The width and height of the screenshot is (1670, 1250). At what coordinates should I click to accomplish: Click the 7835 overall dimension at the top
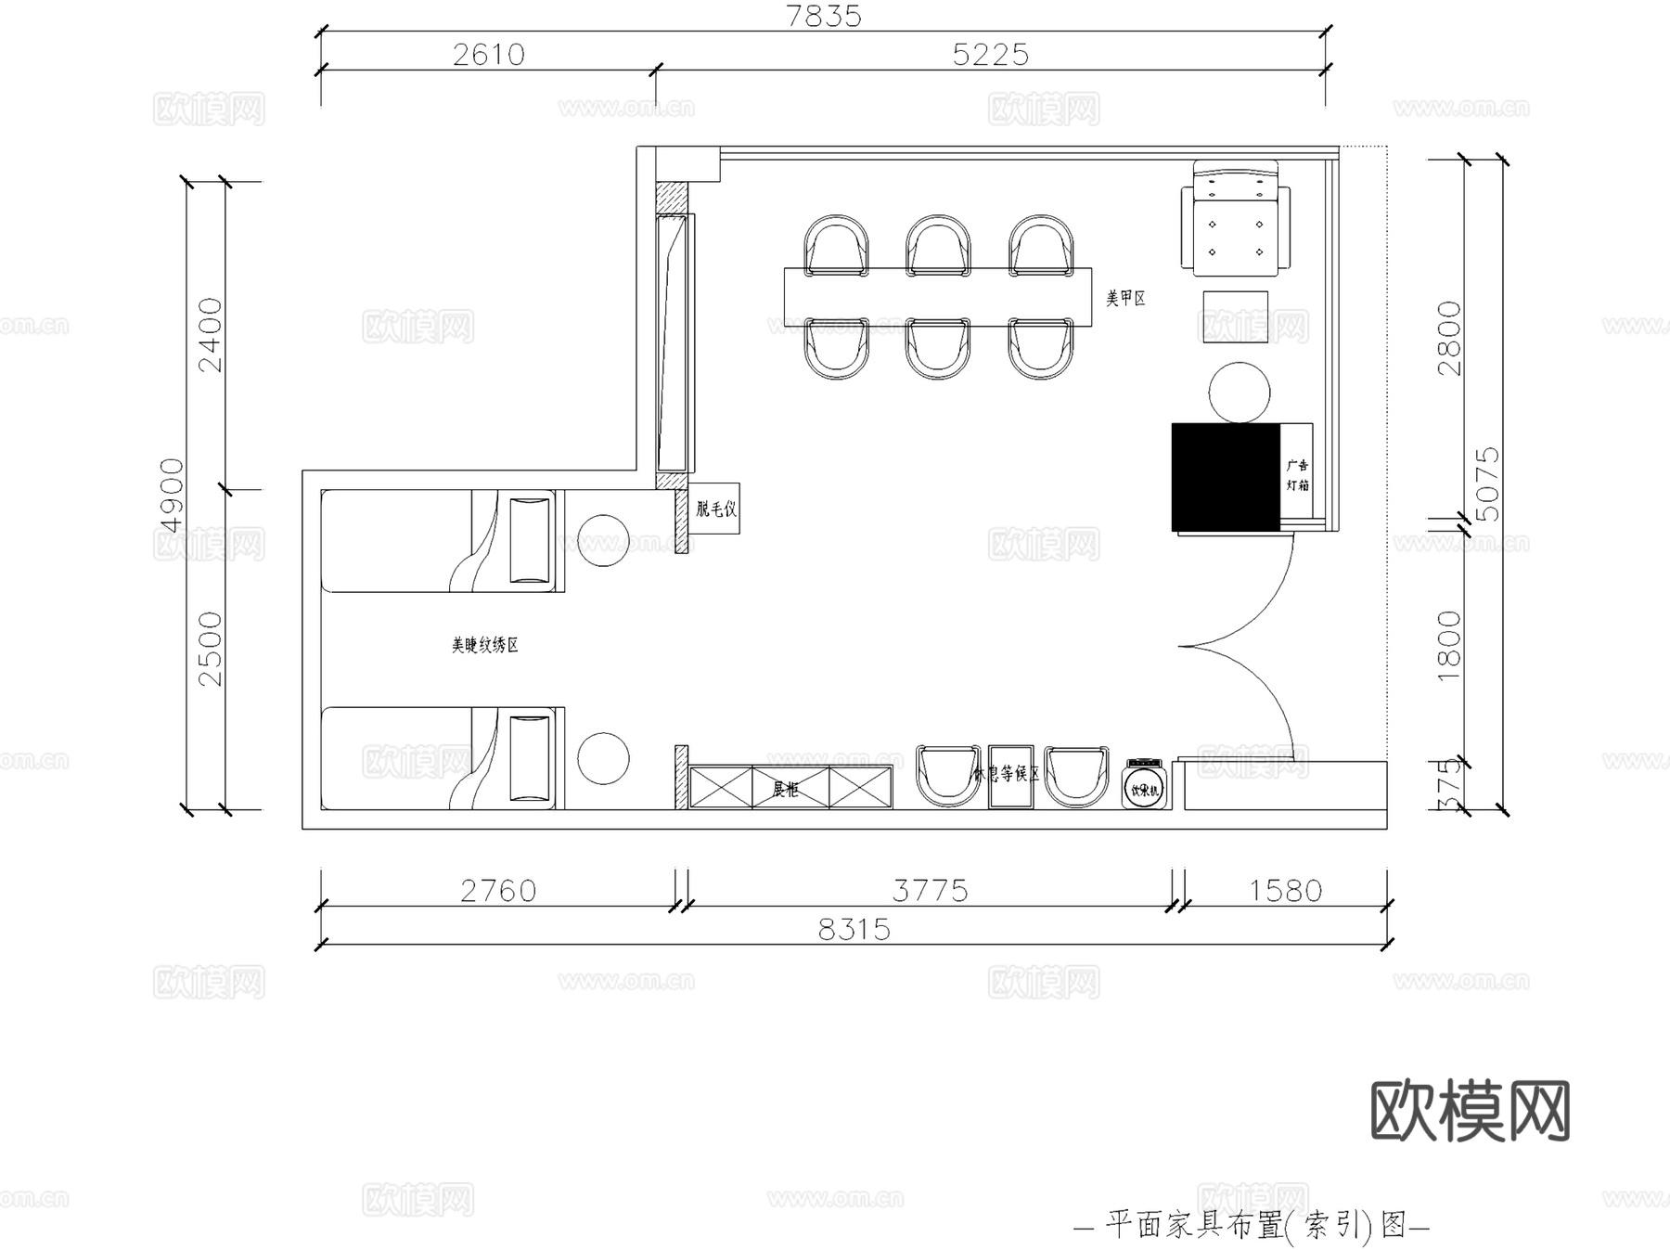click(x=824, y=16)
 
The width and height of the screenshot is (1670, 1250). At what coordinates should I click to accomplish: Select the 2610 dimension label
click(x=489, y=55)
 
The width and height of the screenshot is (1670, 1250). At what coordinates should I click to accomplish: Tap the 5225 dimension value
click(x=991, y=55)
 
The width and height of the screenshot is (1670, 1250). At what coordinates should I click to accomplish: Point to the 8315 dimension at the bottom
click(x=854, y=929)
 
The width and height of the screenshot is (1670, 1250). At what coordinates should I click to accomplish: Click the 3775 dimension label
click(x=930, y=891)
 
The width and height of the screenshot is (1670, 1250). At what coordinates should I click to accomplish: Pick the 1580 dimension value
click(x=1285, y=891)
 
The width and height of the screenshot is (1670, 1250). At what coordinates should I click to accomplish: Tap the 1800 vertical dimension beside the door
click(x=1448, y=646)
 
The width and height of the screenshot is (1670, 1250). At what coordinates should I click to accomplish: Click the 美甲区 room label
click(x=1125, y=299)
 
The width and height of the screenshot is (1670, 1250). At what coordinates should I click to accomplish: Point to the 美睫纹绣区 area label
click(x=484, y=645)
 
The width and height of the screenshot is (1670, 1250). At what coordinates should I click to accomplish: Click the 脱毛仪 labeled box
click(x=715, y=509)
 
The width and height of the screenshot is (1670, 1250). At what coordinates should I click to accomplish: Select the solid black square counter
click(x=1226, y=477)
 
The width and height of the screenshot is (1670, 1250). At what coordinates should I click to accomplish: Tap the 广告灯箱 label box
click(x=1297, y=475)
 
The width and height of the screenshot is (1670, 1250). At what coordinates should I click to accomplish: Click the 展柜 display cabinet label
click(x=785, y=789)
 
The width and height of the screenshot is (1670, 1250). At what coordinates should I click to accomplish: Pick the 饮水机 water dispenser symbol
click(x=1144, y=785)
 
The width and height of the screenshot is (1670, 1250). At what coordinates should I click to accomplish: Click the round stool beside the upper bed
click(x=603, y=541)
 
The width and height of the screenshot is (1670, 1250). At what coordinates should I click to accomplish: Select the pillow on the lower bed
click(x=530, y=757)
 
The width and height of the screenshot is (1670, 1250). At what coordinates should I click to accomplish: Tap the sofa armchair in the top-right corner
click(x=1235, y=220)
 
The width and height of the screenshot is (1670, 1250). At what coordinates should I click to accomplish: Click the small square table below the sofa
click(x=1236, y=316)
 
